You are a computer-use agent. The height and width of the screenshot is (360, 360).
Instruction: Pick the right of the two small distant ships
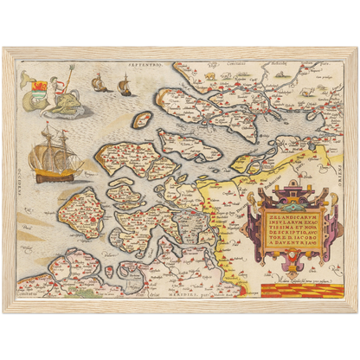(124, 85)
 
